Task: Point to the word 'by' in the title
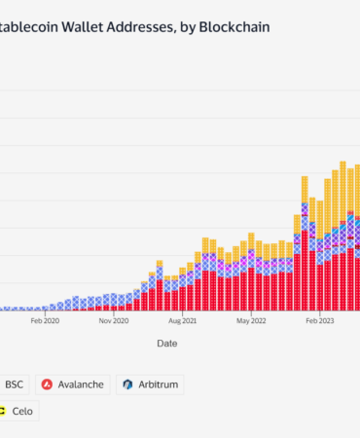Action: click(185, 27)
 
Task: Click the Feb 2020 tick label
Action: click(46, 318)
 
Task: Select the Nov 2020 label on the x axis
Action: click(115, 318)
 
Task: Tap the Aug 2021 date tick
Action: click(182, 318)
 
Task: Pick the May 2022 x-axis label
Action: click(251, 318)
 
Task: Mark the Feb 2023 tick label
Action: click(319, 318)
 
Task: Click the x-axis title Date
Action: click(166, 343)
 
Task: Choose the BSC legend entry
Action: click(15, 384)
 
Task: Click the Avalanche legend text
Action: click(81, 384)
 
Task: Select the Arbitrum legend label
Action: click(158, 384)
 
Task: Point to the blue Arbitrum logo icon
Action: click(127, 384)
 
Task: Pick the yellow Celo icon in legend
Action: click(4, 412)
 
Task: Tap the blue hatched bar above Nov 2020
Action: click(115, 299)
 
